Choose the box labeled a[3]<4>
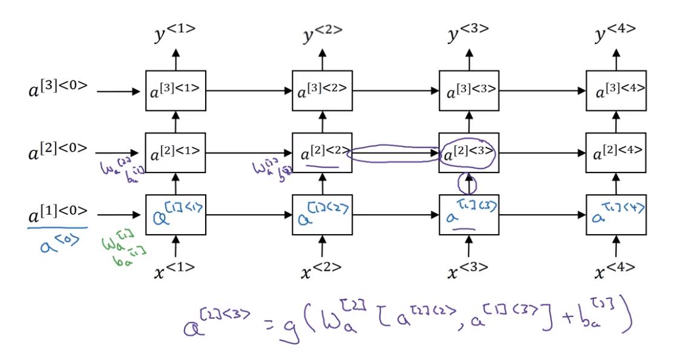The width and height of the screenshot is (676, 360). tap(616, 91)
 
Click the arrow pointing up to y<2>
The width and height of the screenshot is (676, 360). tap(323, 59)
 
